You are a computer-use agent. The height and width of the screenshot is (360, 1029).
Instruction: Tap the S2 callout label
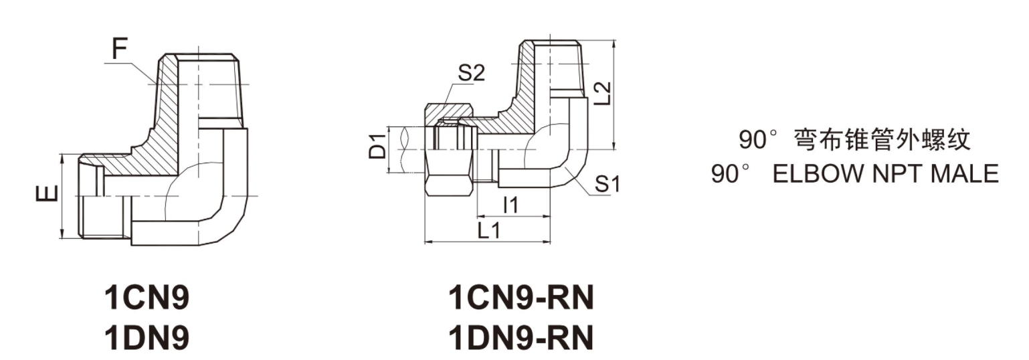click(470, 73)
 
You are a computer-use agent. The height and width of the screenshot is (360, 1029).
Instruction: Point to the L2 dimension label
click(603, 94)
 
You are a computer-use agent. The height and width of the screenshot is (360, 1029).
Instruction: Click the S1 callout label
click(607, 183)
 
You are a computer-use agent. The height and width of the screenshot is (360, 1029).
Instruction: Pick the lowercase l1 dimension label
click(510, 205)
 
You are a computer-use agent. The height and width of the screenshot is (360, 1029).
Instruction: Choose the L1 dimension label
click(489, 231)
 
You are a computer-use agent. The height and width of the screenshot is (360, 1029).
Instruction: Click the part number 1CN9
click(147, 298)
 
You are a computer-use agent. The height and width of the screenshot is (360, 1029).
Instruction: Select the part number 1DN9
click(147, 339)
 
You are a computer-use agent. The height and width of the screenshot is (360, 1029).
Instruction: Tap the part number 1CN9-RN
click(521, 298)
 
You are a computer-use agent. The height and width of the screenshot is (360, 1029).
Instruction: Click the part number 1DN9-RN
click(521, 339)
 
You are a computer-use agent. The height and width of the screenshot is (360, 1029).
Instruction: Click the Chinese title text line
click(854, 140)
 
